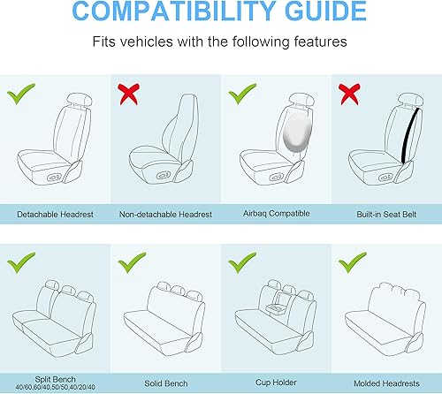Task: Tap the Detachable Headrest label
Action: (x=55, y=215)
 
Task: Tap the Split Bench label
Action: (x=56, y=377)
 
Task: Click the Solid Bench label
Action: (x=164, y=384)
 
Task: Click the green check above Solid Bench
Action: (x=131, y=264)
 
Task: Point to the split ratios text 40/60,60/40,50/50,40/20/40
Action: (x=56, y=388)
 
